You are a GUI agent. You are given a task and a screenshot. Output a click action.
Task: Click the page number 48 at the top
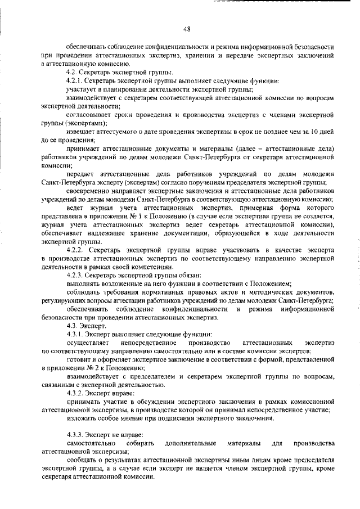click(x=187, y=30)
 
